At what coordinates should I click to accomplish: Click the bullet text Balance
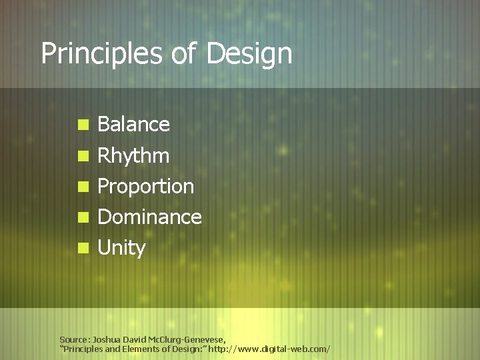133,125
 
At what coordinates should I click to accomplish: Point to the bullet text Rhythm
133,157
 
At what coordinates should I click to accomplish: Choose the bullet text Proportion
145,187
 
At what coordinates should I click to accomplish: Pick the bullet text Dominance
149,217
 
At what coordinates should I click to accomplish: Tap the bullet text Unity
121,249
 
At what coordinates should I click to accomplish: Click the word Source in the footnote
74,339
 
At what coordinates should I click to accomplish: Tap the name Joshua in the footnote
107,339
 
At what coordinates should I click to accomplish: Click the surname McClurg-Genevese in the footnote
188,339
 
